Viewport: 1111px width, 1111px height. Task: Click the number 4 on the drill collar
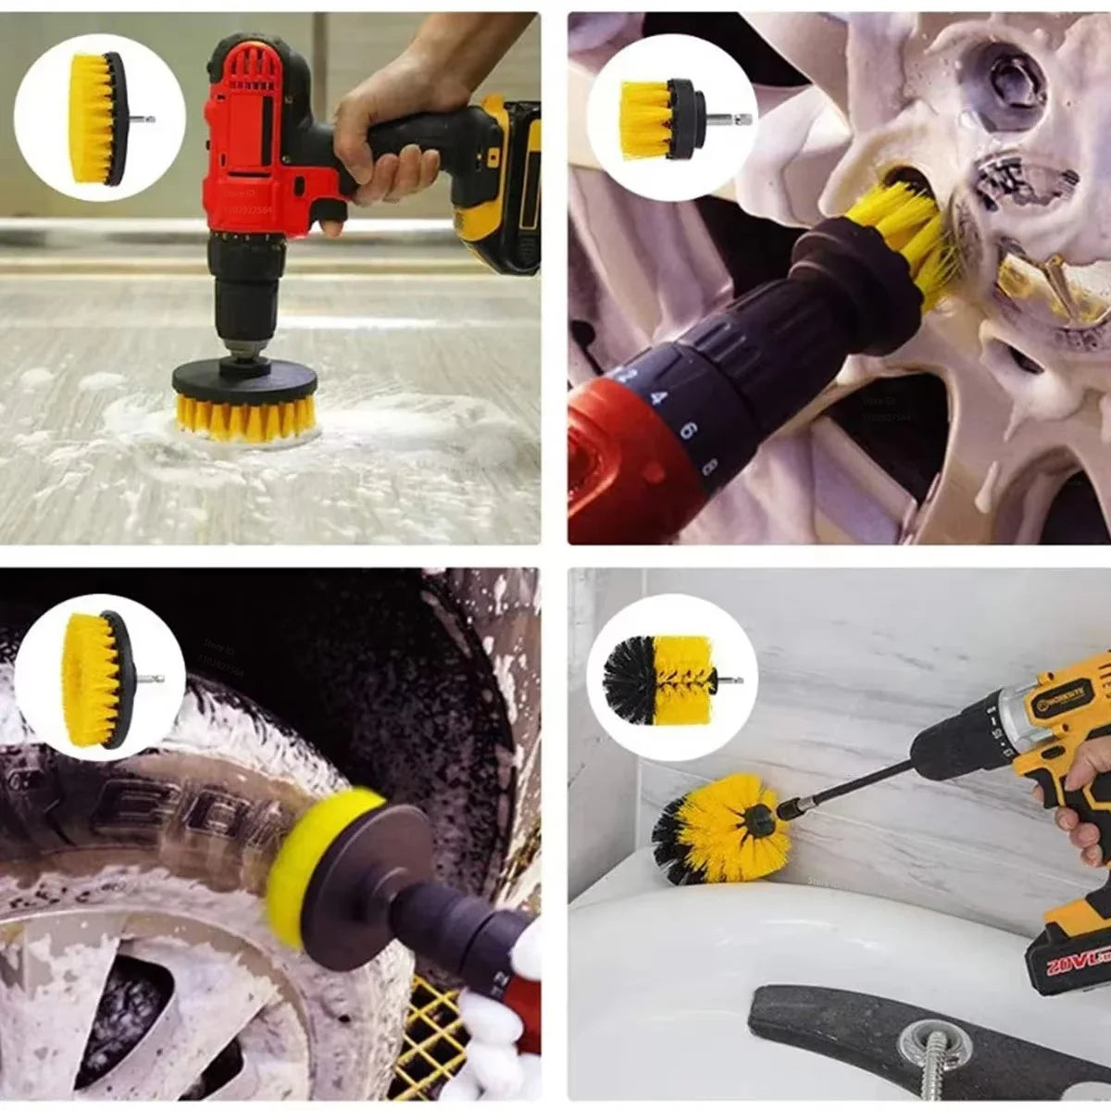659,398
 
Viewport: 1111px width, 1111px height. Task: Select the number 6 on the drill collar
687,431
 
